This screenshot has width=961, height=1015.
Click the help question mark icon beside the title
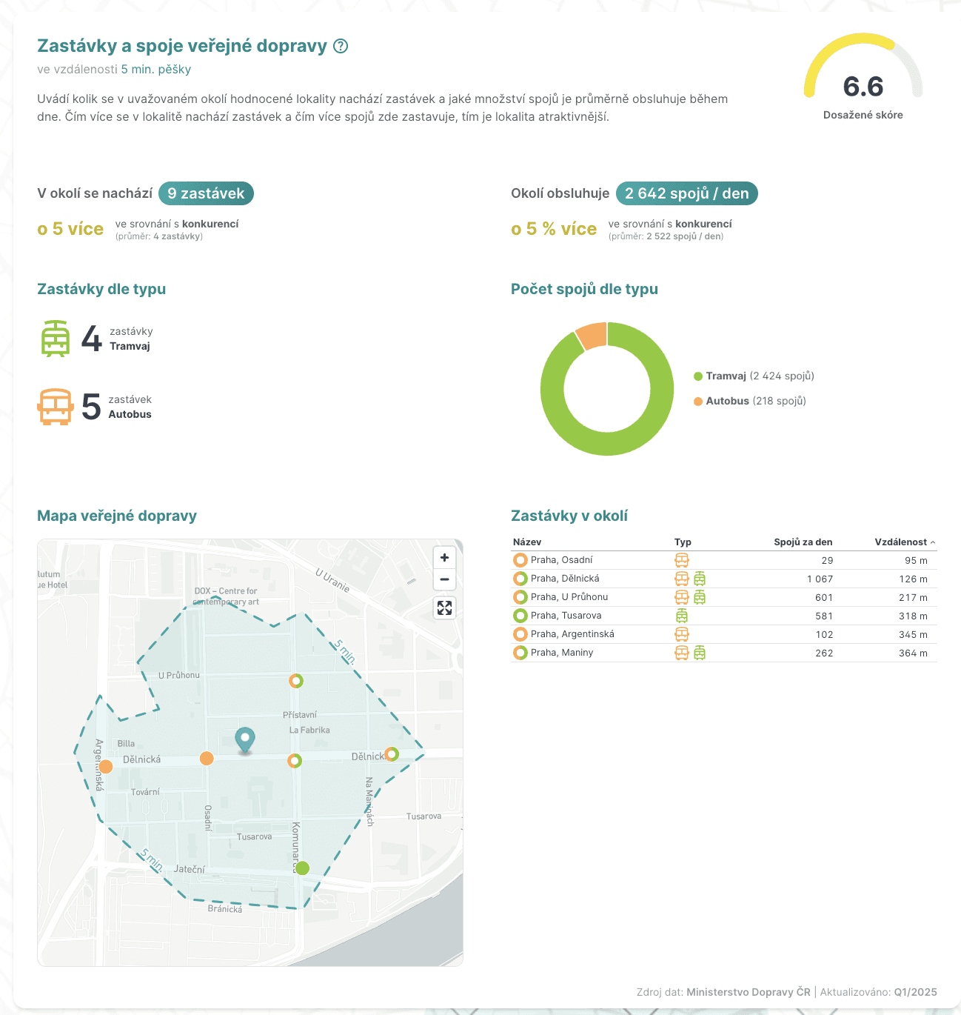[341, 46]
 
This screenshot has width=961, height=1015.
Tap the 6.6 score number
[863, 87]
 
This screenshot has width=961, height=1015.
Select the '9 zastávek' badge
[206, 193]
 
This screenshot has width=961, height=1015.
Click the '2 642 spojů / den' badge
[686, 193]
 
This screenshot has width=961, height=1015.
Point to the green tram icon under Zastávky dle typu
[56, 339]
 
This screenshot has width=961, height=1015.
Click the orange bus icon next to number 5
[56, 407]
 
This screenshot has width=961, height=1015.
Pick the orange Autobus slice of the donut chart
[592, 335]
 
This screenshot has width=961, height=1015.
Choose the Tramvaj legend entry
[754, 376]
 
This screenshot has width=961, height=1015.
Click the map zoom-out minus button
[444, 579]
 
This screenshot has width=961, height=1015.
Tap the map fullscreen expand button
[444, 608]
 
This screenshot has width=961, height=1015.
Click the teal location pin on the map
[244, 739]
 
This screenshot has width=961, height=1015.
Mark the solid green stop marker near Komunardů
[302, 868]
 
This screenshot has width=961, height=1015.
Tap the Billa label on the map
[126, 743]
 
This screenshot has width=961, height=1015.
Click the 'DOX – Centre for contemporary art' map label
[226, 596]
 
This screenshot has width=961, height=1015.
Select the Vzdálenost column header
[901, 542]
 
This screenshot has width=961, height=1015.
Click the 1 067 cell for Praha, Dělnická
[820, 579]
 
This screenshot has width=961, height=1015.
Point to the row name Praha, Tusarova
[566, 616]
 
